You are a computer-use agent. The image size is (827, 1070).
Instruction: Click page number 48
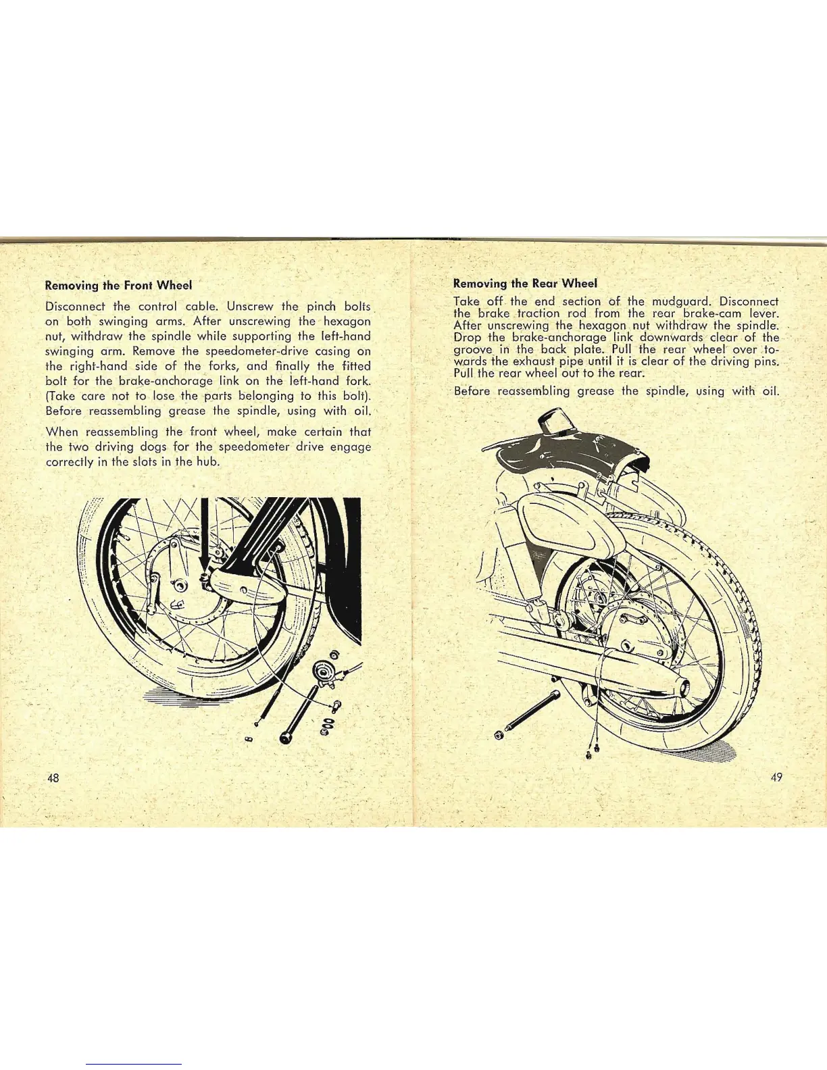click(53, 778)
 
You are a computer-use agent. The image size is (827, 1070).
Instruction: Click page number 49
click(776, 777)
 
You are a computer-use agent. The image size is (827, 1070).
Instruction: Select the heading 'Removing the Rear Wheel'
click(525, 283)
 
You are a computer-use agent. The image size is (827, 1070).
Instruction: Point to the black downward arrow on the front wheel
click(203, 540)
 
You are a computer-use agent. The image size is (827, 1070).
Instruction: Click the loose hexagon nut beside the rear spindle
click(499, 734)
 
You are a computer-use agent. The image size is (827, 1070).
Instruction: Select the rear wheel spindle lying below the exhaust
click(534, 710)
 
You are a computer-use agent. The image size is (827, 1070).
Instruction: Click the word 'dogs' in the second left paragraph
click(155, 447)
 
